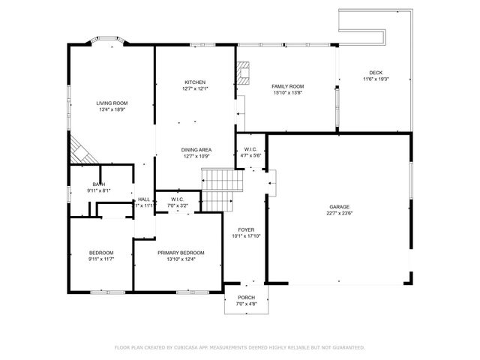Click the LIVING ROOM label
pos(111,103)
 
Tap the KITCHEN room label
pos(195,82)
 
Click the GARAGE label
pos(339,206)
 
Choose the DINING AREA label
pos(195,150)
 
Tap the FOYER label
pos(247,229)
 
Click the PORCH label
pos(247,297)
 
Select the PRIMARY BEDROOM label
pos(180,253)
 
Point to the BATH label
pos(98,184)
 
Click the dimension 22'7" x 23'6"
pos(339,213)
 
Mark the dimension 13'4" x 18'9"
pos(111,109)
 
